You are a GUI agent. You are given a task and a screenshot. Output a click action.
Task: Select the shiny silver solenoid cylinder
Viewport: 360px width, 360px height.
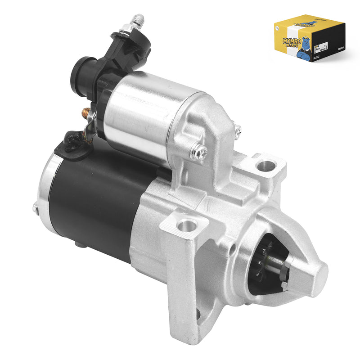click(144, 112)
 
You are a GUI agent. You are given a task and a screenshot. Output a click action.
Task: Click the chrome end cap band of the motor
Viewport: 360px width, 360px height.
click(45, 189)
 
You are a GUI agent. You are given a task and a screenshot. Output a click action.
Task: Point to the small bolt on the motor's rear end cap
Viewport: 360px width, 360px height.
click(35, 208)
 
